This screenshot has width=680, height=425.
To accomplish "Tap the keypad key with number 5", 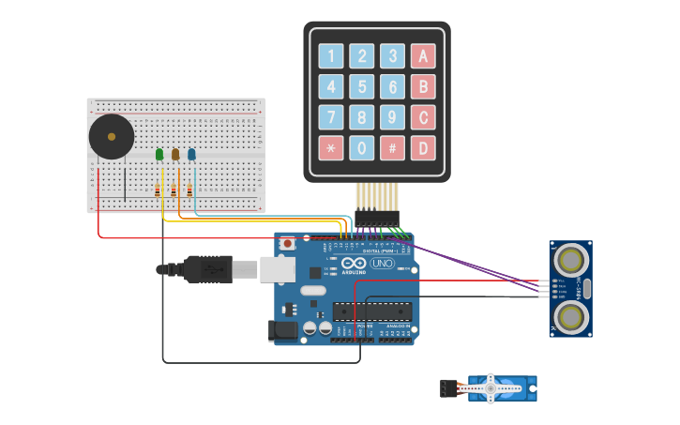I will (362, 87).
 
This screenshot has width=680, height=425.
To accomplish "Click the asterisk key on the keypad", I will (331, 147).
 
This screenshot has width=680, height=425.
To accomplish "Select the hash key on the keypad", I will (392, 147).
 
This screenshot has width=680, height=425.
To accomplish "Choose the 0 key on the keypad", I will (362, 147).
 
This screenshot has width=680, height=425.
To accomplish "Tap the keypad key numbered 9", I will (392, 117).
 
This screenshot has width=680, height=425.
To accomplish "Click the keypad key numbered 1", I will (331, 56).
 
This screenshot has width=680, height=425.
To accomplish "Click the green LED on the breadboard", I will (159, 154).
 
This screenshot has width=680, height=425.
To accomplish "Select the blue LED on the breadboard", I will (191, 154).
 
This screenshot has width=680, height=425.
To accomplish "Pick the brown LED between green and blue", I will (175, 154).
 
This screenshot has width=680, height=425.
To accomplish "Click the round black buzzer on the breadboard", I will (112, 137).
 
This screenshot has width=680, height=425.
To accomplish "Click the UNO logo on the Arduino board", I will (383, 264).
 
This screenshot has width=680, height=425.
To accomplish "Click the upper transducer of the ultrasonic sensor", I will (570, 258).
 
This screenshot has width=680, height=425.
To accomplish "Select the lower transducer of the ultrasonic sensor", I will (570, 317).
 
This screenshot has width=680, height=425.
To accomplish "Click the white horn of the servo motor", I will (490, 387).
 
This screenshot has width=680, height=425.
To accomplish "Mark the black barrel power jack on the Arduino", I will (282, 330).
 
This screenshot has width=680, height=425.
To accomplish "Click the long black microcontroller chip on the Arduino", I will (372, 311).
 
